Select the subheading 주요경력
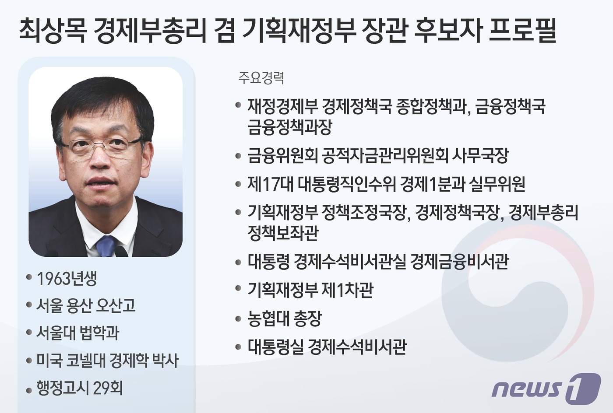coord(261,78)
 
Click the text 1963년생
coord(67,278)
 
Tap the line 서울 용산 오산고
coord(86,305)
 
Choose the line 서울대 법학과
coord(78,333)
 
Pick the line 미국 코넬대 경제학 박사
coord(107,360)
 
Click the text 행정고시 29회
coord(80,388)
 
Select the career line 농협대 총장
coord(285,318)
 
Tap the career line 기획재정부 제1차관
coord(310,290)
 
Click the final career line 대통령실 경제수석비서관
coord(327,346)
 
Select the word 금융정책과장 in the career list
coord(290,127)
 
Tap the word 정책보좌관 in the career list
coord(283,233)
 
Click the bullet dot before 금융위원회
coord(238,156)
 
